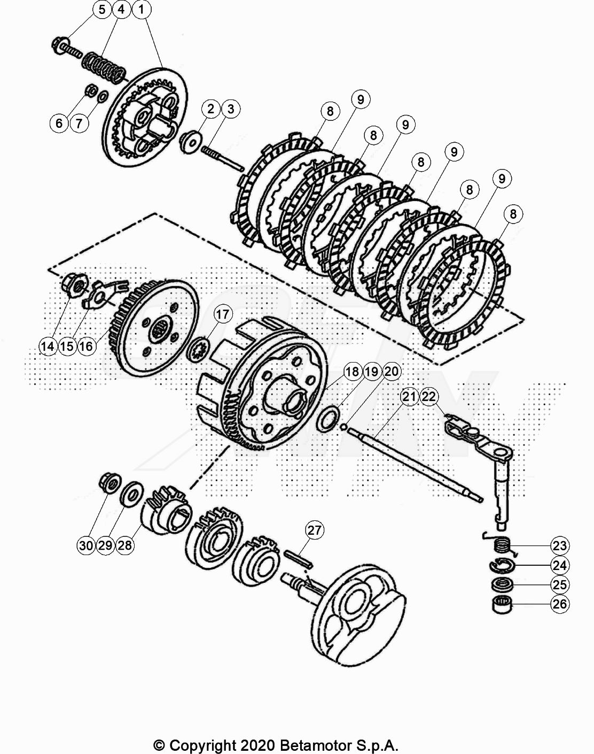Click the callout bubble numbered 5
(101, 10)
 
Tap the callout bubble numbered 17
(223, 314)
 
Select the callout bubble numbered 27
(314, 530)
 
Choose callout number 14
(48, 346)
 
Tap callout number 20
(392, 372)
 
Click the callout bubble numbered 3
(230, 109)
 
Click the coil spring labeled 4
(104, 67)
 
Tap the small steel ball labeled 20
(343, 426)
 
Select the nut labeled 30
(110, 484)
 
